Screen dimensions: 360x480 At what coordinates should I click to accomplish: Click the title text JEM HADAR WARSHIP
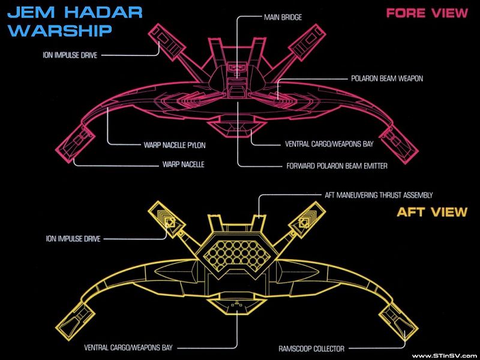74,21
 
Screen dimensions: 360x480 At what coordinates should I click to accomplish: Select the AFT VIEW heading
432,212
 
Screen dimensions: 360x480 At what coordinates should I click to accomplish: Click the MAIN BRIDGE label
283,18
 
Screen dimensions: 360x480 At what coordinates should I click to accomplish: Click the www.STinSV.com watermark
443,355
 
